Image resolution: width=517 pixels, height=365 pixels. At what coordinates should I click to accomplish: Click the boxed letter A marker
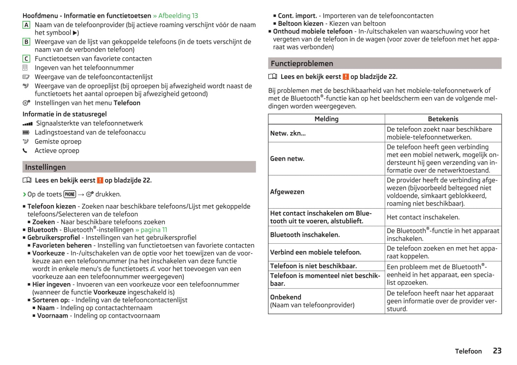(x=26, y=25)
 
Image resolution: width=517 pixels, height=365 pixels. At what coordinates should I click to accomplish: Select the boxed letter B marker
(x=26, y=42)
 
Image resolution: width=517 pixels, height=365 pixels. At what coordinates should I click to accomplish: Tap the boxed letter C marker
(x=26, y=59)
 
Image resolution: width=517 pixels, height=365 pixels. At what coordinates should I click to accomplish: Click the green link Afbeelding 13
(x=178, y=16)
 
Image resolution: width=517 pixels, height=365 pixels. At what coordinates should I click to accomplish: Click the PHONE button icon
(x=70, y=194)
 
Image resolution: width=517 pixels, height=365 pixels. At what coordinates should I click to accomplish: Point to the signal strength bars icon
(x=27, y=124)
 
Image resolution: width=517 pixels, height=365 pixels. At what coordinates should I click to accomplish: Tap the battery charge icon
(x=26, y=132)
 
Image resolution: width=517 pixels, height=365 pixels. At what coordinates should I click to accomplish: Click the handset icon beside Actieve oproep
(x=25, y=151)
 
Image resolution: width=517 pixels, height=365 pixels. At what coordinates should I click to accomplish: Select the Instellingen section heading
(x=45, y=167)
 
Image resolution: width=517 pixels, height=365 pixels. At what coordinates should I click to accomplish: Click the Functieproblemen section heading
(x=302, y=64)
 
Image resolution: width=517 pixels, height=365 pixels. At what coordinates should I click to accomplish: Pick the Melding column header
(x=326, y=119)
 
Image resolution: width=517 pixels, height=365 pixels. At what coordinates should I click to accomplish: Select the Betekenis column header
(x=443, y=119)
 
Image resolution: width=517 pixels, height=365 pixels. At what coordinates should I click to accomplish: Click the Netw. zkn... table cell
(x=288, y=133)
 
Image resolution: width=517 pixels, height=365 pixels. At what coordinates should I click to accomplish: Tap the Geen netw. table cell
(x=287, y=159)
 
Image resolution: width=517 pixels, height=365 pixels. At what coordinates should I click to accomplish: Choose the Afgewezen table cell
(x=287, y=192)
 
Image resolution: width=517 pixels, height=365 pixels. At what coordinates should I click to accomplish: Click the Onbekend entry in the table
(x=286, y=297)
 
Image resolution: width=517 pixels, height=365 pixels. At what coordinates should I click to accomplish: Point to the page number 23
(x=497, y=351)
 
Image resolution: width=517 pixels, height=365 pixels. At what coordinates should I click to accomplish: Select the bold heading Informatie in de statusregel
(x=64, y=114)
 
